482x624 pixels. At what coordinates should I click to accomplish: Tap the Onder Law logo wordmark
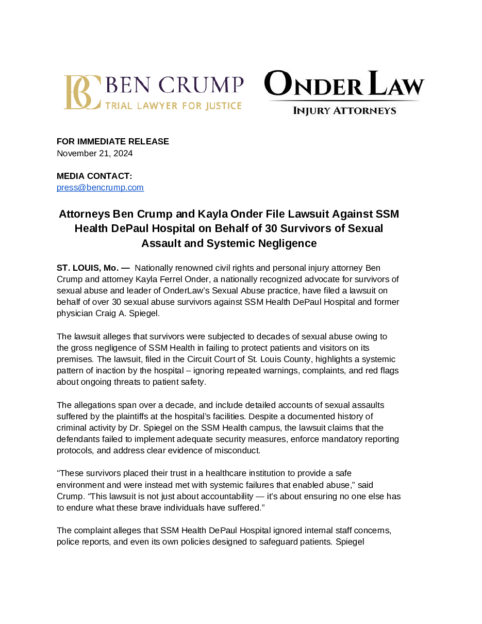pyautogui.click(x=344, y=85)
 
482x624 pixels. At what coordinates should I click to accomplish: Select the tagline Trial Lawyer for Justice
pyautogui.click(x=173, y=106)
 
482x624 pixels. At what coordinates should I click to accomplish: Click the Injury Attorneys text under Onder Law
pyautogui.click(x=344, y=110)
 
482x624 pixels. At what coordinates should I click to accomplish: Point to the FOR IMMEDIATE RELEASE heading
pyautogui.click(x=113, y=141)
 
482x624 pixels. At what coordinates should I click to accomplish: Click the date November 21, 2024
pyautogui.click(x=95, y=153)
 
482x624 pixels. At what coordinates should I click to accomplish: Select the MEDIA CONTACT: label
pyautogui.click(x=94, y=176)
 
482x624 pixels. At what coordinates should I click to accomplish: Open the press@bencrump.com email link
pyautogui.click(x=100, y=188)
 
